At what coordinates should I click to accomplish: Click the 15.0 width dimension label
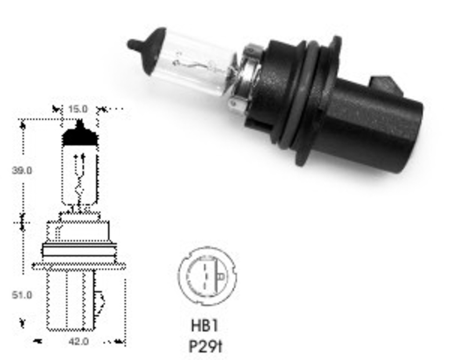click(78, 109)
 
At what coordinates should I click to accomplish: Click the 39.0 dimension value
click(22, 170)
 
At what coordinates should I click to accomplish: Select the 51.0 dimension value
click(22, 295)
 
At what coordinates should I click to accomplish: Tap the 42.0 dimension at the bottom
click(79, 341)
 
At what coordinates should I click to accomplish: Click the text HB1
click(205, 326)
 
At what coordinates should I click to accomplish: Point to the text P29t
click(206, 346)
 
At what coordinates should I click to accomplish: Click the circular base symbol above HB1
click(207, 276)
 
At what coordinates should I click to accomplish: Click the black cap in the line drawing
click(80, 136)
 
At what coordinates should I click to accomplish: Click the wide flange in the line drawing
click(79, 265)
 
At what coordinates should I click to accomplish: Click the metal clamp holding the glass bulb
click(246, 79)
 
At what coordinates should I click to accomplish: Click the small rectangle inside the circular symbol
click(221, 276)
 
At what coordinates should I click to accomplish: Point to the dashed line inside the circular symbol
click(205, 276)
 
